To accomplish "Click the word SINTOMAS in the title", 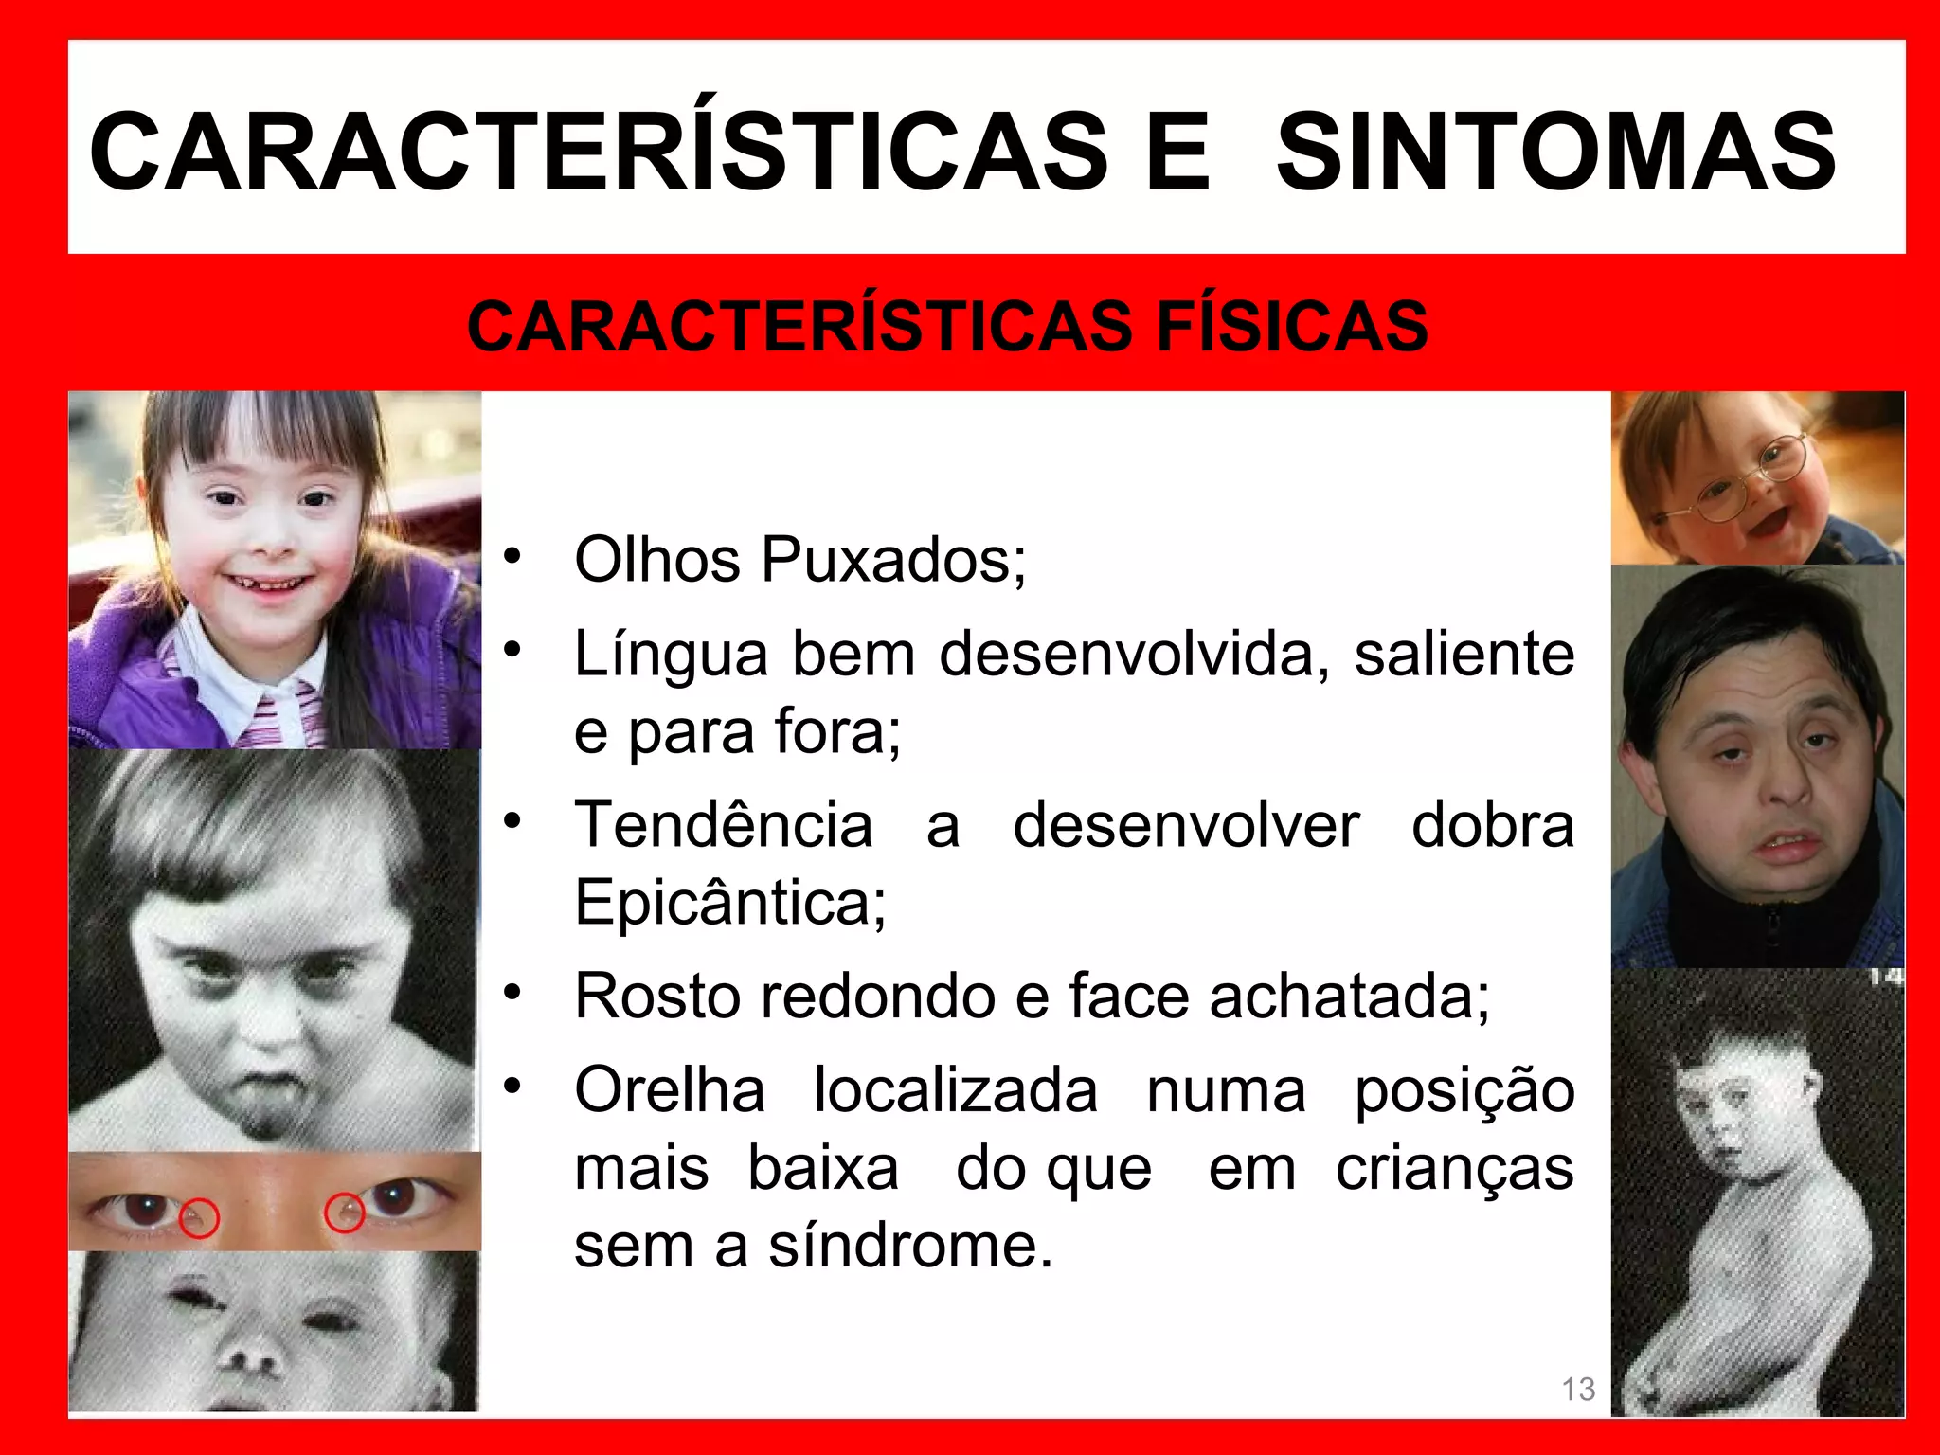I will (1555, 152).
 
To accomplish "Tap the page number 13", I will (1578, 1389).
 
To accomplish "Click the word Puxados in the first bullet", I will (892, 560).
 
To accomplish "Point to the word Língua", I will (671, 656).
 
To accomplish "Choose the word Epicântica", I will (729, 902).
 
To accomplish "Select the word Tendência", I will (724, 824).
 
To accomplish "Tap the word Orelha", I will (670, 1090).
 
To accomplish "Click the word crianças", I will (1455, 1168).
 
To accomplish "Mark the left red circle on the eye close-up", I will (199, 1219).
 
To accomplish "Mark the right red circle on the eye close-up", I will (345, 1213).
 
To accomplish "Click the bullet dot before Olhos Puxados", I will (512, 556).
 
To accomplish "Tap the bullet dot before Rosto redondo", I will (512, 993).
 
